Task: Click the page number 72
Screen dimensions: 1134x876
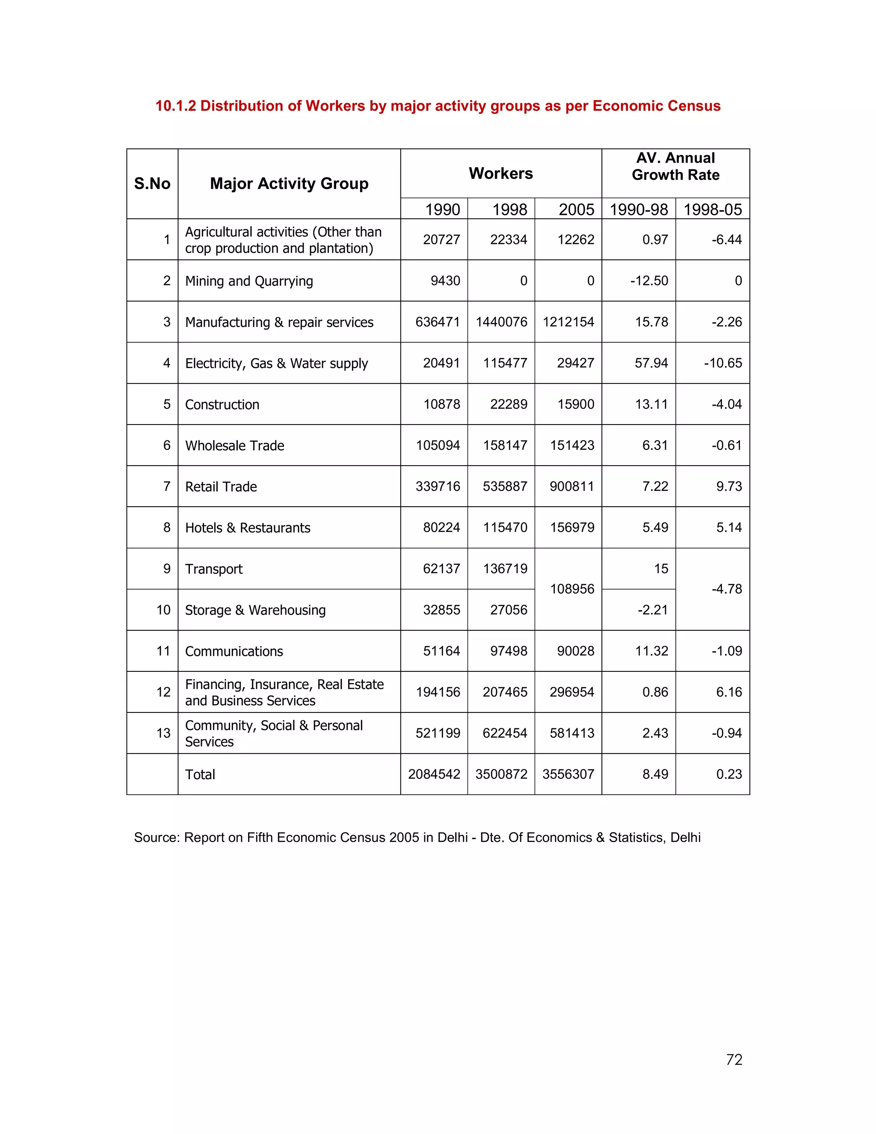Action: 734,1060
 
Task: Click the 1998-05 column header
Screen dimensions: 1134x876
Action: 712,209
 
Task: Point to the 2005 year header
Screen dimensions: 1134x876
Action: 576,209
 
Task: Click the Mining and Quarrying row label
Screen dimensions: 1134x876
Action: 249,281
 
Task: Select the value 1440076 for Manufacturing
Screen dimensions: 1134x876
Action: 501,322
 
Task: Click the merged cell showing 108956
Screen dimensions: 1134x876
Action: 572,589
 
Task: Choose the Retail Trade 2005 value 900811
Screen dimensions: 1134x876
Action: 572,487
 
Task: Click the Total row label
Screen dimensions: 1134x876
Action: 200,774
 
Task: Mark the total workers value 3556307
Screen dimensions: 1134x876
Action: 568,774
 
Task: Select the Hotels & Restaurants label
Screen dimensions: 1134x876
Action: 248,528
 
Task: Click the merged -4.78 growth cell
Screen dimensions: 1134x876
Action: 727,589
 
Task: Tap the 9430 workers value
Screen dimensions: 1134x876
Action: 445,281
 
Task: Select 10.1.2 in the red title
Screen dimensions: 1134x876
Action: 175,106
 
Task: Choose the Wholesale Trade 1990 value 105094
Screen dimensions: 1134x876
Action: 438,445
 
